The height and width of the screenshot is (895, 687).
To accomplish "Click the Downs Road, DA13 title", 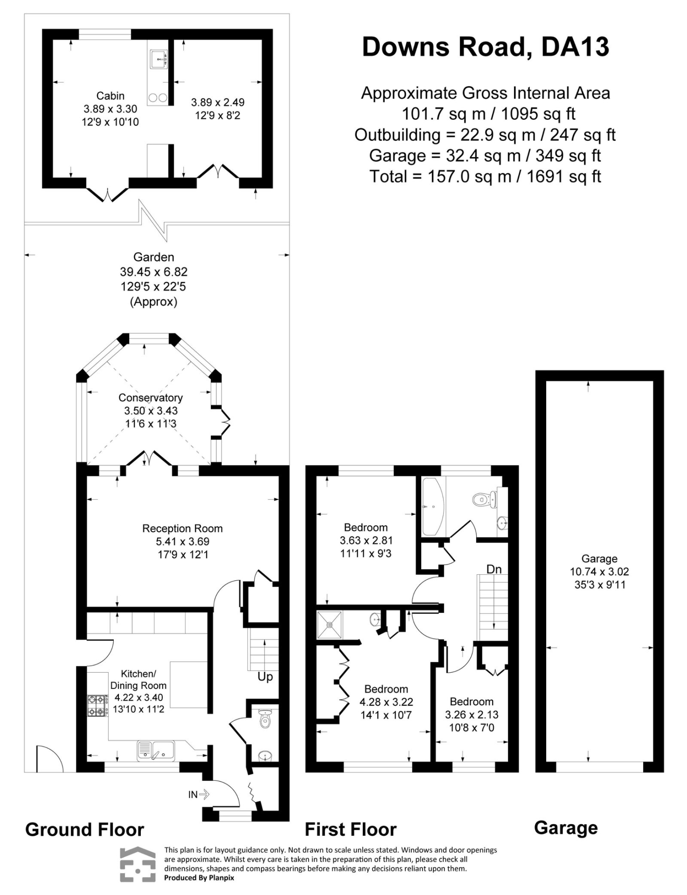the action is click(486, 47).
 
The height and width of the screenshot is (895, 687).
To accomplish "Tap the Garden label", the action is click(153, 257).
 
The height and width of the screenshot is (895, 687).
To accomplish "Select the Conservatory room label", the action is click(150, 398).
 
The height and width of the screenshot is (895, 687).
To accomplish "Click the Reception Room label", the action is click(182, 528).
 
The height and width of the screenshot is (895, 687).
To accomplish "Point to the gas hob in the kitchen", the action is click(97, 705).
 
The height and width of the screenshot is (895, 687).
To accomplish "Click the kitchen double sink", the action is click(155, 750).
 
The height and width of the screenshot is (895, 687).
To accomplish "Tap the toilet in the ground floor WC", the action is click(265, 719).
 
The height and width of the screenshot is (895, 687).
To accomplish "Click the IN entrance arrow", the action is click(199, 794).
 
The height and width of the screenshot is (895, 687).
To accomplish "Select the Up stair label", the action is click(265, 677).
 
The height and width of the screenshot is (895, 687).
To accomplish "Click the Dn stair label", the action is click(494, 569).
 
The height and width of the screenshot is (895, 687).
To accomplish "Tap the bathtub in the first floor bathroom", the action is click(434, 506).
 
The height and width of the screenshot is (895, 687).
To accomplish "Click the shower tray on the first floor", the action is click(330, 625).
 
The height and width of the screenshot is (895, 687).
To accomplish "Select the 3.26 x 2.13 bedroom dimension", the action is click(472, 715).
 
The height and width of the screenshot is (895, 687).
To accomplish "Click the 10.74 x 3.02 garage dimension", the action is click(599, 571).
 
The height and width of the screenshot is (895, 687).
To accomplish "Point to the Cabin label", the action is click(110, 96).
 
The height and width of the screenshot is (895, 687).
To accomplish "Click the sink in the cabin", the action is click(159, 59).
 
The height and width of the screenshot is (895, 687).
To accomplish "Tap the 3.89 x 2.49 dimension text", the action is click(217, 102).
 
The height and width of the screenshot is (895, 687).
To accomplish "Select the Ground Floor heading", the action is click(84, 830).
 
